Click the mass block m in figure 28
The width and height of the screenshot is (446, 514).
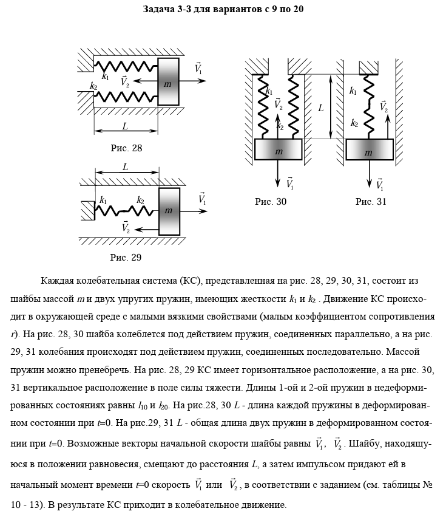169,82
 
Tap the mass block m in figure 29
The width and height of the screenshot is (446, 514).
169,211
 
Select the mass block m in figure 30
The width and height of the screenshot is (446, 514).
278,149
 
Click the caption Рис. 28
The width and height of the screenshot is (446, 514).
126,148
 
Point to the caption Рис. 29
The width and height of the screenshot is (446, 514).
126,257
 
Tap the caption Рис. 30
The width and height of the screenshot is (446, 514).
271,201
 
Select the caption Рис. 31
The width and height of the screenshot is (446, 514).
371,201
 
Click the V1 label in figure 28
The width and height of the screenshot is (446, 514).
199,69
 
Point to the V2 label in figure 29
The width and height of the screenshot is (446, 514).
126,228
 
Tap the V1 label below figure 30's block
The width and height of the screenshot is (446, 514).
289,183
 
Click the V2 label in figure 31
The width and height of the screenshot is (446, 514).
383,106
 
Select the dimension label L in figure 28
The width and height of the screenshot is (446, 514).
125,126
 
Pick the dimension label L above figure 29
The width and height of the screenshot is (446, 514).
125,166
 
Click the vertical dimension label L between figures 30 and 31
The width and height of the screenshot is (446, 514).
320,107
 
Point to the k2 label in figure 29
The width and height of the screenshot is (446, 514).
140,200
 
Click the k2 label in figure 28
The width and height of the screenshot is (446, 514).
93,86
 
